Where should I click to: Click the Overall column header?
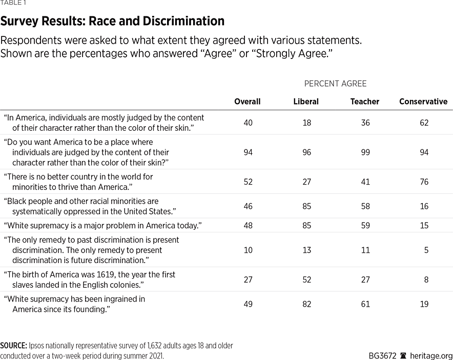[247, 102]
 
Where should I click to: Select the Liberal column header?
[306, 102]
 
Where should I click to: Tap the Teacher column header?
[365, 102]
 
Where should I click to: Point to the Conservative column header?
[423, 102]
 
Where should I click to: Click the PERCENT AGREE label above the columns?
[336, 84]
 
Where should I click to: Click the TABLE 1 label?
[12, 4]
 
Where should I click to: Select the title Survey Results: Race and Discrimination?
[112, 22]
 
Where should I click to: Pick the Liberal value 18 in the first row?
[306, 123]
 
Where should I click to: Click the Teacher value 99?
[365, 152]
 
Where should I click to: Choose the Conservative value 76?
[423, 182]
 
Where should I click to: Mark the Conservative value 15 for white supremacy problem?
[423, 226]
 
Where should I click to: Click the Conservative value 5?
[426, 250]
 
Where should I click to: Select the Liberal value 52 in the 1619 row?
[306, 279]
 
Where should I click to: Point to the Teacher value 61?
[365, 304]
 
